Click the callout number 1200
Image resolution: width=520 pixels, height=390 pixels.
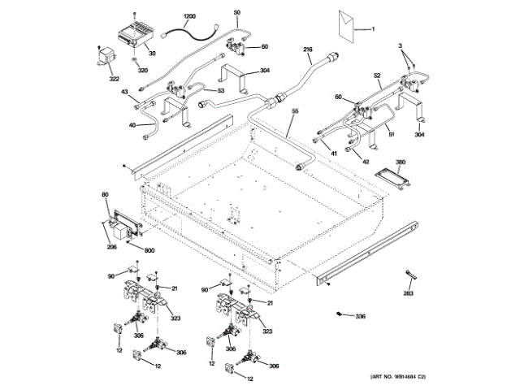(x=189, y=16)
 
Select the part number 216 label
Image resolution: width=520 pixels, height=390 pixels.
(x=308, y=50)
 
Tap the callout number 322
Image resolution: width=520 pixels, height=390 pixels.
(x=114, y=79)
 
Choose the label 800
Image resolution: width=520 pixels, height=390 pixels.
(x=150, y=251)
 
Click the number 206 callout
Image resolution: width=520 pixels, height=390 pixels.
(x=110, y=246)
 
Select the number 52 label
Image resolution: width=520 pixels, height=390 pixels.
(x=377, y=76)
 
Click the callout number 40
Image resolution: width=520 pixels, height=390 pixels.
(x=132, y=125)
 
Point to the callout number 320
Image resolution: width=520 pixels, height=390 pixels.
(x=144, y=71)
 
